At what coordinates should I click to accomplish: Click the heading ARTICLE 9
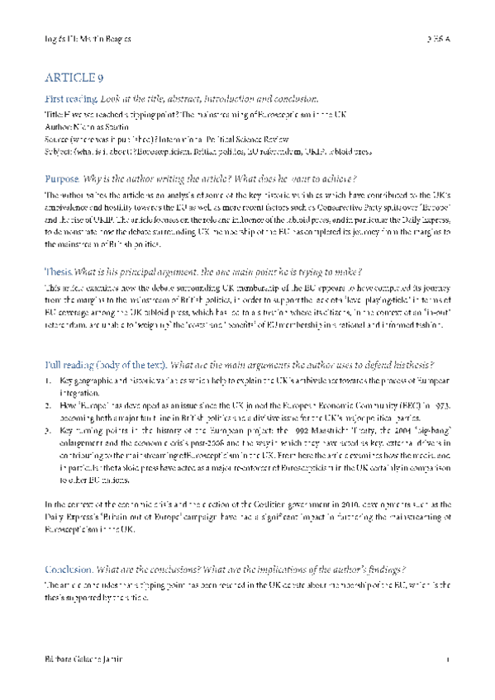pos(74,78)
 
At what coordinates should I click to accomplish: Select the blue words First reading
pos(69,99)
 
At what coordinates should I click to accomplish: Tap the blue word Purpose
pos(63,179)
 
